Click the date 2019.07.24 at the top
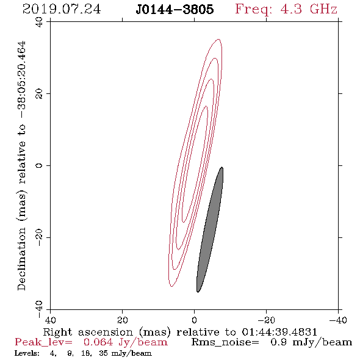[62, 9]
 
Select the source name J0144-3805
[175, 9]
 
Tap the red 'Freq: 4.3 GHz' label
[286, 10]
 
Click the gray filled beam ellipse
[210, 229]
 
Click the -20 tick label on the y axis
[39, 237]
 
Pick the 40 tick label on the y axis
[39, 22]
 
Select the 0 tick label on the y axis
[39, 165]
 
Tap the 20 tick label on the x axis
[122, 320]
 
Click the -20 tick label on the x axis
[266, 320]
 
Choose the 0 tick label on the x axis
[194, 320]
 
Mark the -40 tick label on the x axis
[338, 320]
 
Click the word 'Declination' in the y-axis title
[21, 259]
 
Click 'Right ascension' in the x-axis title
[88, 332]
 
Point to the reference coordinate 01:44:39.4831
[279, 332]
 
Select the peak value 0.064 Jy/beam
[126, 342]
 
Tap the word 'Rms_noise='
[225, 342]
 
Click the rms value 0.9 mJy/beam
[311, 342]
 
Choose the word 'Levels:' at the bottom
[27, 353]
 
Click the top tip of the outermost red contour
[219, 39]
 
